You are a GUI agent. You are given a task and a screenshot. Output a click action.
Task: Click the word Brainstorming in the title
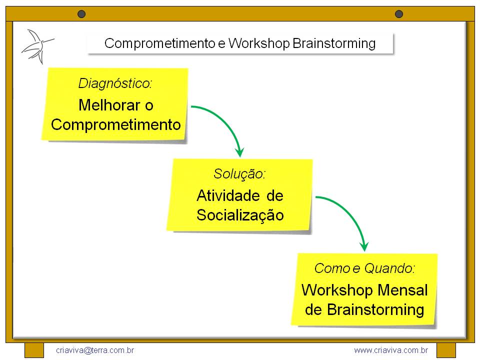(x=333, y=43)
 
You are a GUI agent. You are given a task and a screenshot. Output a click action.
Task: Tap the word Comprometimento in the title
(x=159, y=43)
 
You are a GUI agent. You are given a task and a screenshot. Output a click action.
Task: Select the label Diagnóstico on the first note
(x=115, y=83)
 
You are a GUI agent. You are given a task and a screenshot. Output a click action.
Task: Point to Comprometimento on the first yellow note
(x=115, y=124)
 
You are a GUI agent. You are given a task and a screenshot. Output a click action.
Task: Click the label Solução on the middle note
(x=239, y=174)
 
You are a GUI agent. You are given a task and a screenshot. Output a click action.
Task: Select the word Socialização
(x=240, y=215)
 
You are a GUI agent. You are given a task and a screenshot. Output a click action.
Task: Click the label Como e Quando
(x=364, y=268)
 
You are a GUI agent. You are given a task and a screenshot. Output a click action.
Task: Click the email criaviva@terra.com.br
(x=95, y=350)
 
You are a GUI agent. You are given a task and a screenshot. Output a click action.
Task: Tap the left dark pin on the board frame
(x=81, y=14)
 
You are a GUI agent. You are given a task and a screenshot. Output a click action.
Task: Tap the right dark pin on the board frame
(x=398, y=14)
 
